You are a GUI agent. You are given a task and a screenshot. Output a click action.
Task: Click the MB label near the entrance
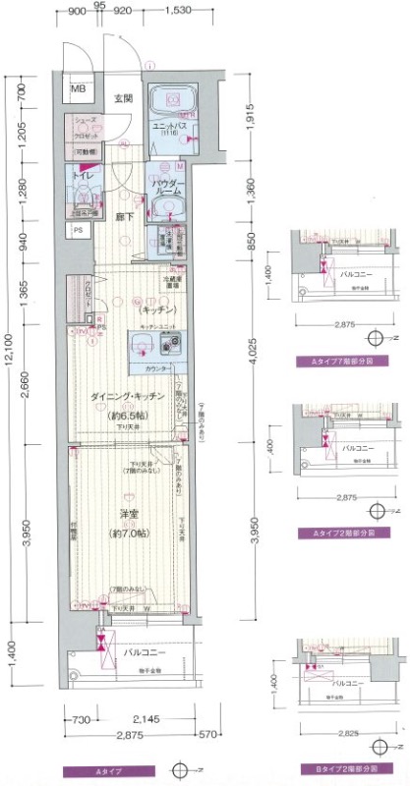[78, 90]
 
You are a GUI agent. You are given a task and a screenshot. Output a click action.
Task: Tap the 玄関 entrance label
[122, 97]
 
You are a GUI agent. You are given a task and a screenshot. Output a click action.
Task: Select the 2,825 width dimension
[343, 732]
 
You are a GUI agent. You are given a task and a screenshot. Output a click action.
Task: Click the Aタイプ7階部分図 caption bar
[343, 363]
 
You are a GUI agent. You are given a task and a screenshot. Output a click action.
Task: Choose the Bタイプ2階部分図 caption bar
[343, 767]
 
